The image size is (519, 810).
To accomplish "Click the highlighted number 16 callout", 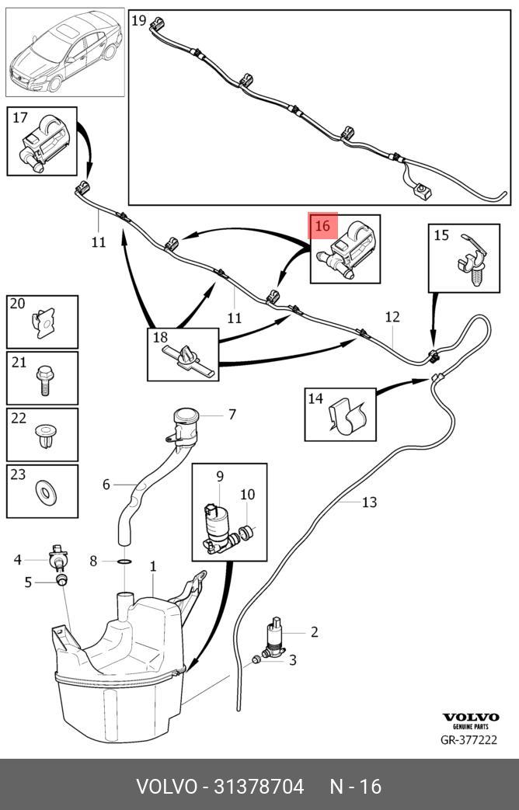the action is pyautogui.click(x=322, y=226).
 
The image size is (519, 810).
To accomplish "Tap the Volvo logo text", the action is pyautogui.click(x=470, y=717).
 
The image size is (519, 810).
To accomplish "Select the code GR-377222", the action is pyautogui.click(x=468, y=740).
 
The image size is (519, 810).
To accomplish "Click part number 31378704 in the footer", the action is pyautogui.click(x=259, y=786).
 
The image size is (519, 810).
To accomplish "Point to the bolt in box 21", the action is pyautogui.click(x=44, y=379).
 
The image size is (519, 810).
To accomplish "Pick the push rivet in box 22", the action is pyautogui.click(x=46, y=435).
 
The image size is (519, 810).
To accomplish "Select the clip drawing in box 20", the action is pyautogui.click(x=44, y=323).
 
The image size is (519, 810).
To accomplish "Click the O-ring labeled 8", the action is pyautogui.click(x=124, y=561).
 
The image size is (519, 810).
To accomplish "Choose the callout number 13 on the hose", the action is pyautogui.click(x=369, y=502).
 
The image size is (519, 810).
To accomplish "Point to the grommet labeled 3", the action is pyautogui.click(x=256, y=659).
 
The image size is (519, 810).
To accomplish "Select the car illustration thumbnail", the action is pyautogui.click(x=65, y=52).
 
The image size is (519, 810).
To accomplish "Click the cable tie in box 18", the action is pyautogui.click(x=187, y=358).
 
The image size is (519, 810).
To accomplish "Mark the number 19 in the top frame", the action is pyautogui.click(x=138, y=21).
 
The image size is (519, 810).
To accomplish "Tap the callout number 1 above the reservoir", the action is pyautogui.click(x=152, y=566).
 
